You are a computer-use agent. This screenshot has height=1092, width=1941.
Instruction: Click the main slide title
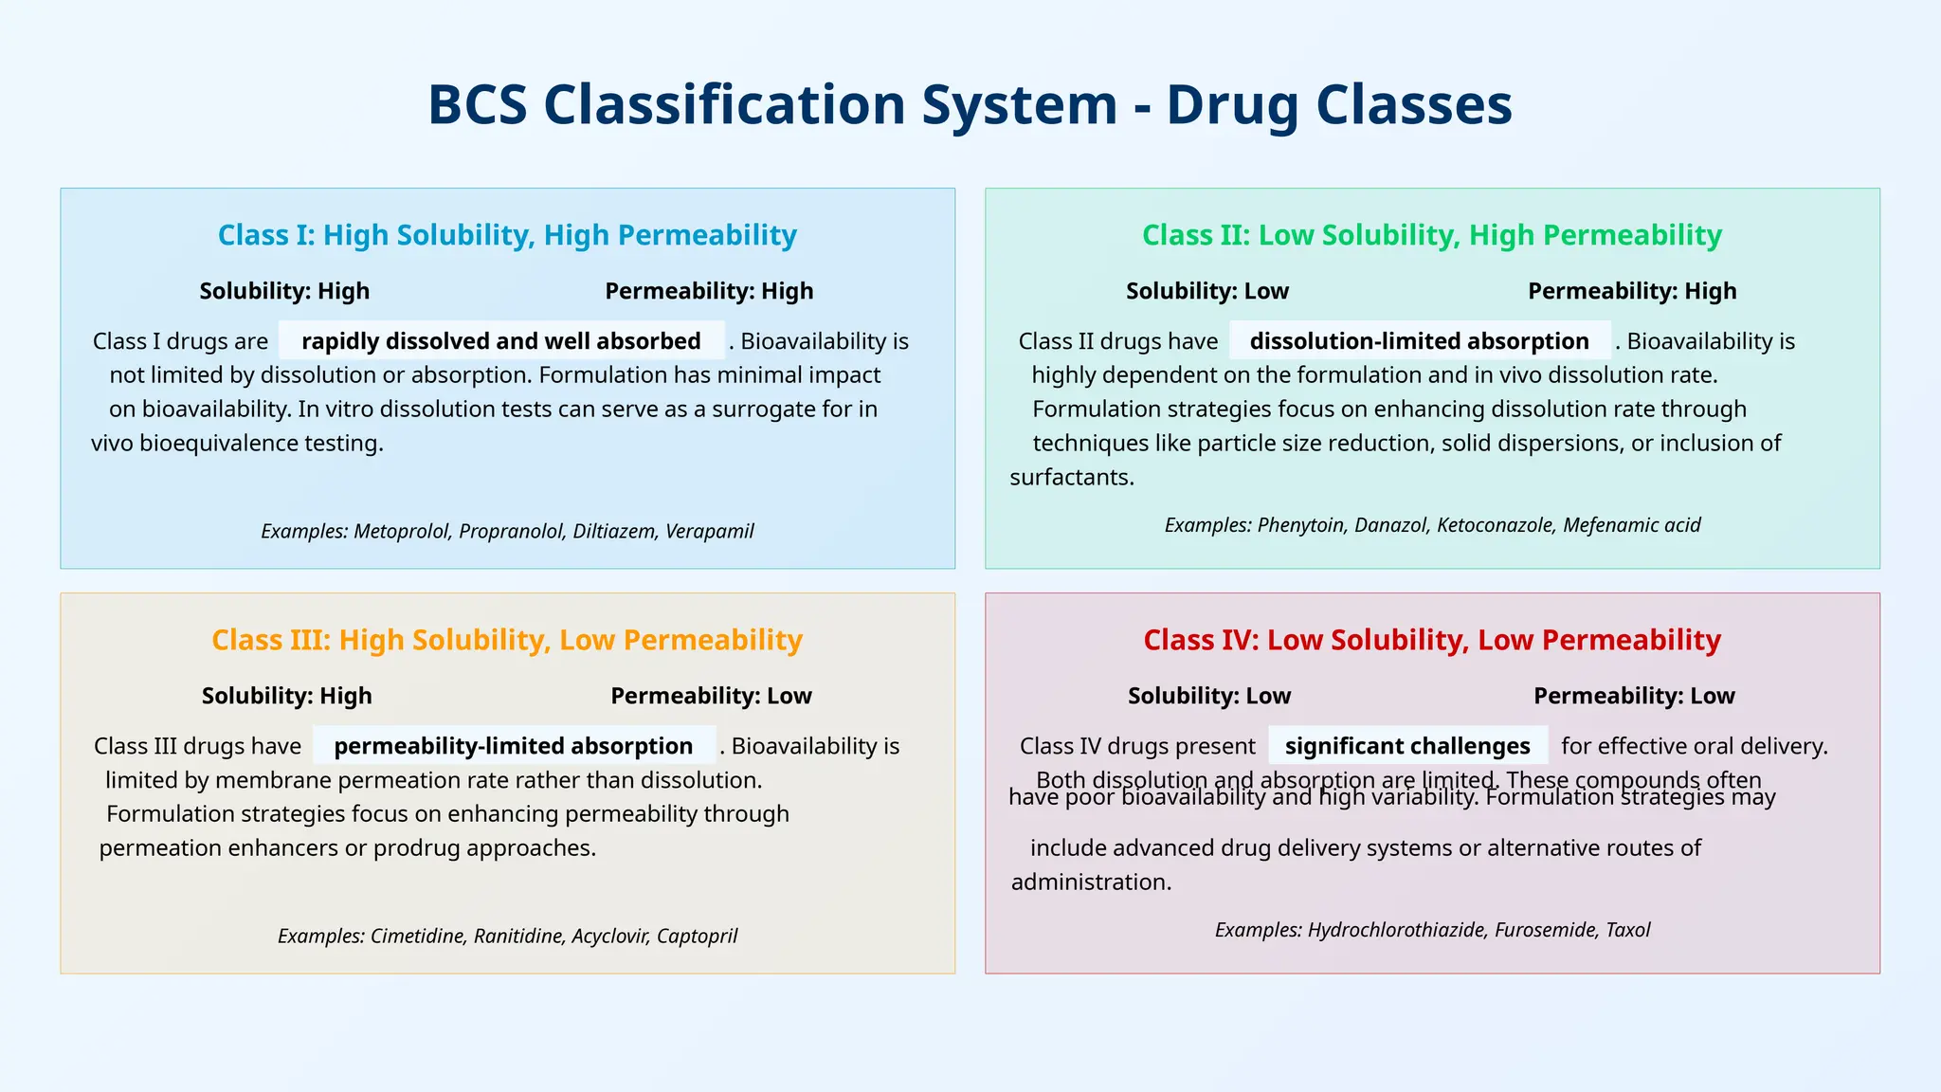pyautogui.click(x=970, y=104)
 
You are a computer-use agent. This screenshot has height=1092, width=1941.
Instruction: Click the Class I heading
pyautogui.click(x=507, y=235)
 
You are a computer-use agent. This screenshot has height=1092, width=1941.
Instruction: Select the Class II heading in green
pyautogui.click(x=1431, y=235)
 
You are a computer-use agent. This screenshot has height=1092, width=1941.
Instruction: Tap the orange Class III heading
pyautogui.click(x=507, y=640)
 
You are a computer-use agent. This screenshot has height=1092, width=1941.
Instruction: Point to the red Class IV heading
pyautogui.click(x=1431, y=640)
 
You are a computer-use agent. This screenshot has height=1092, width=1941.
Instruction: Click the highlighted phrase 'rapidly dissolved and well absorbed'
pyautogui.click(x=501, y=341)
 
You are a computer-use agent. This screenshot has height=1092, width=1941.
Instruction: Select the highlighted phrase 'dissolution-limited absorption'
pyautogui.click(x=1419, y=341)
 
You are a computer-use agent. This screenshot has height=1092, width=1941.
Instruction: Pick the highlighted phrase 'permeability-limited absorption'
pyautogui.click(x=514, y=746)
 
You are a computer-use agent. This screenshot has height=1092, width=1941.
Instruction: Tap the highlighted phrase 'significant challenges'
pyautogui.click(x=1407, y=746)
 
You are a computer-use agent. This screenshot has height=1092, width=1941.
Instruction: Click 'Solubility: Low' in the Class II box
pyautogui.click(x=1206, y=291)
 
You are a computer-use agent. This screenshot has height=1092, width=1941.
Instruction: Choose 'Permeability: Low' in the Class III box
pyautogui.click(x=711, y=696)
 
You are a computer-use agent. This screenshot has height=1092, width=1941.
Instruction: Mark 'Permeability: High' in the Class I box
pyautogui.click(x=709, y=291)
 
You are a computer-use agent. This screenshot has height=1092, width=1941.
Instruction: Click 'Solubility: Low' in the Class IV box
pyautogui.click(x=1208, y=696)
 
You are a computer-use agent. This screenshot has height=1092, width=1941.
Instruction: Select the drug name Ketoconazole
pyautogui.click(x=1495, y=525)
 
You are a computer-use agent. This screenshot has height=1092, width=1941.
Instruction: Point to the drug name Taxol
pyautogui.click(x=1627, y=930)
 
